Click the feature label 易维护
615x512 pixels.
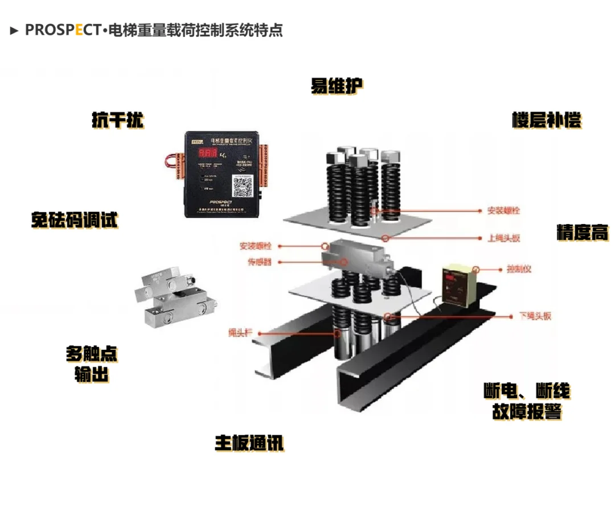(337, 86)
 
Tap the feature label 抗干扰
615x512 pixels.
(118, 120)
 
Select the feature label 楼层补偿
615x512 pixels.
(547, 121)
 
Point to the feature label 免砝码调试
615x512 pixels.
(75, 220)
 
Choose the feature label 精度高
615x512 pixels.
(582, 232)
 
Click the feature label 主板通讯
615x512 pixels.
(249, 443)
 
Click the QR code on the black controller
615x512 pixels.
(243, 185)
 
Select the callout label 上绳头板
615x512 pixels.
(504, 238)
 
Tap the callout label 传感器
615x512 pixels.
(260, 262)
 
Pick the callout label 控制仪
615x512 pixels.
(518, 269)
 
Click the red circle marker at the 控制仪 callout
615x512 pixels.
(476, 269)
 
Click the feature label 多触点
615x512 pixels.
(92, 354)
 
